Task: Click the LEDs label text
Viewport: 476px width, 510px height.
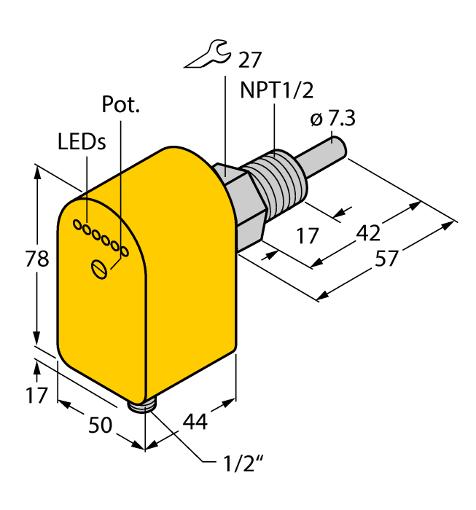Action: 82,143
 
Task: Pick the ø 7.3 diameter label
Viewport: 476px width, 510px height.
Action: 332,119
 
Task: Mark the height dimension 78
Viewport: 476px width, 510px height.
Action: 37,259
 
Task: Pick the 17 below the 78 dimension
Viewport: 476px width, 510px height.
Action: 37,396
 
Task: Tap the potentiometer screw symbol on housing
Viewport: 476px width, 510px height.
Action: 100,268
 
